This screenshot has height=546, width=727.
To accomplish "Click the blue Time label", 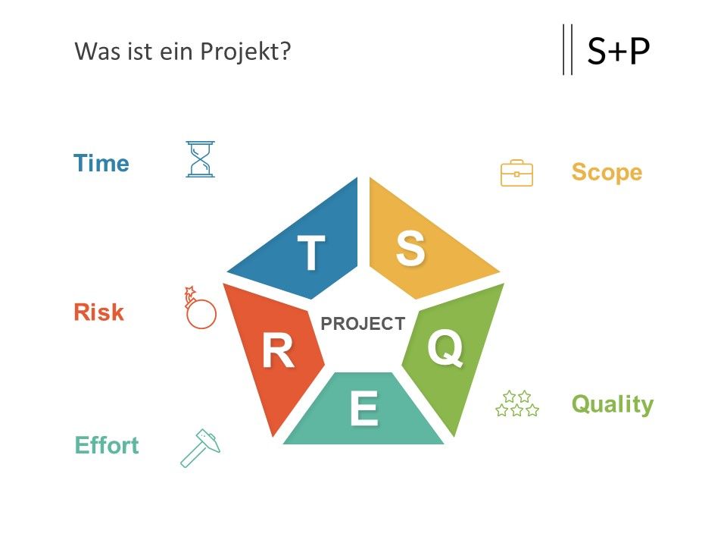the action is (101, 163).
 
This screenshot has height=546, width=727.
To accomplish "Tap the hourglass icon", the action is (200, 159).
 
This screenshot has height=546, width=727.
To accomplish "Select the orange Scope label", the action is (607, 173).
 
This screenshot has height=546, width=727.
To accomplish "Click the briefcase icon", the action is (516, 173).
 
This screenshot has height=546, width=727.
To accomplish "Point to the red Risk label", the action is (98, 312).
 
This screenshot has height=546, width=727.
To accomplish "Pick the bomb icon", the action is (200, 308).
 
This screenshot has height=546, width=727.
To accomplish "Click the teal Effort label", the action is (107, 445).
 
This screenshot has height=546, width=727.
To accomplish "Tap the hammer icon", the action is (200, 448).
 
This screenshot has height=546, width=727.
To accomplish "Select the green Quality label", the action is (613, 405).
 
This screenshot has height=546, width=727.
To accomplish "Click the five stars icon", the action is (517, 403).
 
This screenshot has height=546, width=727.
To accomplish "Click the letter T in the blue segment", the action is (311, 252).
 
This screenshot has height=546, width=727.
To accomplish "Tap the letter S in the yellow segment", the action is (410, 249).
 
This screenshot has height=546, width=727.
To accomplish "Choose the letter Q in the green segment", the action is (445, 347).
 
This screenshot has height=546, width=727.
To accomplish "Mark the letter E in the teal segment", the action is (364, 408).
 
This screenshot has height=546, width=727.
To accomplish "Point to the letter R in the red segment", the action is (278, 351).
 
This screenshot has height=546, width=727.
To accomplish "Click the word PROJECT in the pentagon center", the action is (363, 324).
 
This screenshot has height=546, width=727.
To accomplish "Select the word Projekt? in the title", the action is (245, 51).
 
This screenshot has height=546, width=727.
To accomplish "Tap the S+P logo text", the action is (619, 51).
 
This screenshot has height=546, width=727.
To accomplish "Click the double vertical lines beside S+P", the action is (567, 49).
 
